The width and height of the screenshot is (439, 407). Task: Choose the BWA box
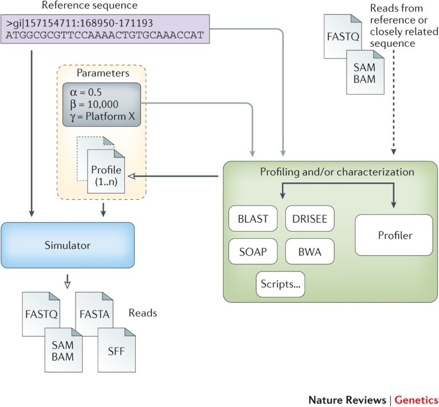click(x=309, y=251)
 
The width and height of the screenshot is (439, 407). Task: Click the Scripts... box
click(x=281, y=282)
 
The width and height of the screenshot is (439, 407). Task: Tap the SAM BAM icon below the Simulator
click(x=62, y=349)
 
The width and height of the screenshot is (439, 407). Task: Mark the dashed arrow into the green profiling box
click(x=393, y=109)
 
